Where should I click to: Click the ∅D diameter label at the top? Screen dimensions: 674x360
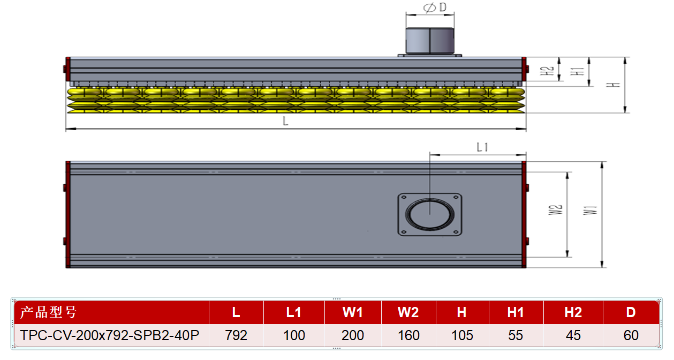click(435, 7)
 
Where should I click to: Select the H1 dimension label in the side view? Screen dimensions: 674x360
click(578, 72)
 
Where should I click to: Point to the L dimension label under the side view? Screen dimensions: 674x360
click(285, 121)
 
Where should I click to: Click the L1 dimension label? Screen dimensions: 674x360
click(482, 147)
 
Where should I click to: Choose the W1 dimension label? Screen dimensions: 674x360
click(590, 211)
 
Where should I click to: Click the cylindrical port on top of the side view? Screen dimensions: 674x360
click(430, 41)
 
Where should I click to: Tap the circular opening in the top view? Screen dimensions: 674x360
click(430, 215)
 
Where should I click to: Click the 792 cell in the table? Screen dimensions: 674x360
click(236, 335)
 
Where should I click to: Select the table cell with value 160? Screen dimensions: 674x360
click(408, 335)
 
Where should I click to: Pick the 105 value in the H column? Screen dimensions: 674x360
click(462, 335)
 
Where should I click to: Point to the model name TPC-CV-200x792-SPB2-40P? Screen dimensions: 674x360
click(110, 335)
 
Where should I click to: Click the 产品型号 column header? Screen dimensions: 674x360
click(48, 312)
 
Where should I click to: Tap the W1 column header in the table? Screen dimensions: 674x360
click(353, 312)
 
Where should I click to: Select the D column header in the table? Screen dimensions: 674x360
click(631, 312)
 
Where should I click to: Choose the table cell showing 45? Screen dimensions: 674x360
click(573, 335)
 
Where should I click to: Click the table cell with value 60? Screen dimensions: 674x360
click(631, 335)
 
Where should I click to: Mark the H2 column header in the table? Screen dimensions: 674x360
click(573, 312)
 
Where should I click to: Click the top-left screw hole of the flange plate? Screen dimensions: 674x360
click(404, 198)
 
